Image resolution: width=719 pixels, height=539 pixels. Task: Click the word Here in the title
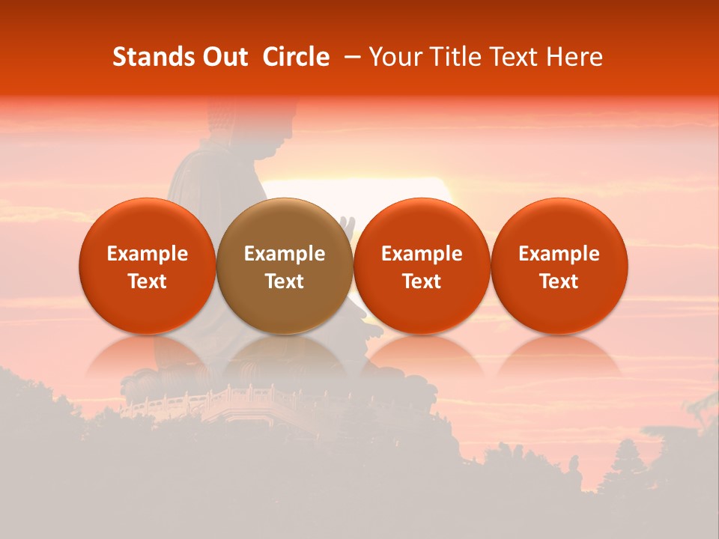coord(576,57)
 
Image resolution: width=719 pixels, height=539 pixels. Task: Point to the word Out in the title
coord(225,57)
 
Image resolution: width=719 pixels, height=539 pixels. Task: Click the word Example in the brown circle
coord(285,254)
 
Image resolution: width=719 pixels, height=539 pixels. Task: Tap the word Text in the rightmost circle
coord(559,281)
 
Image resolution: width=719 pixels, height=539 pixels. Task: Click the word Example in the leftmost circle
coord(148,254)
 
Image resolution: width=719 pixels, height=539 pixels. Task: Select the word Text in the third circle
coord(422,281)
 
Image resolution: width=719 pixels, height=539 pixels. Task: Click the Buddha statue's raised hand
coord(346,225)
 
